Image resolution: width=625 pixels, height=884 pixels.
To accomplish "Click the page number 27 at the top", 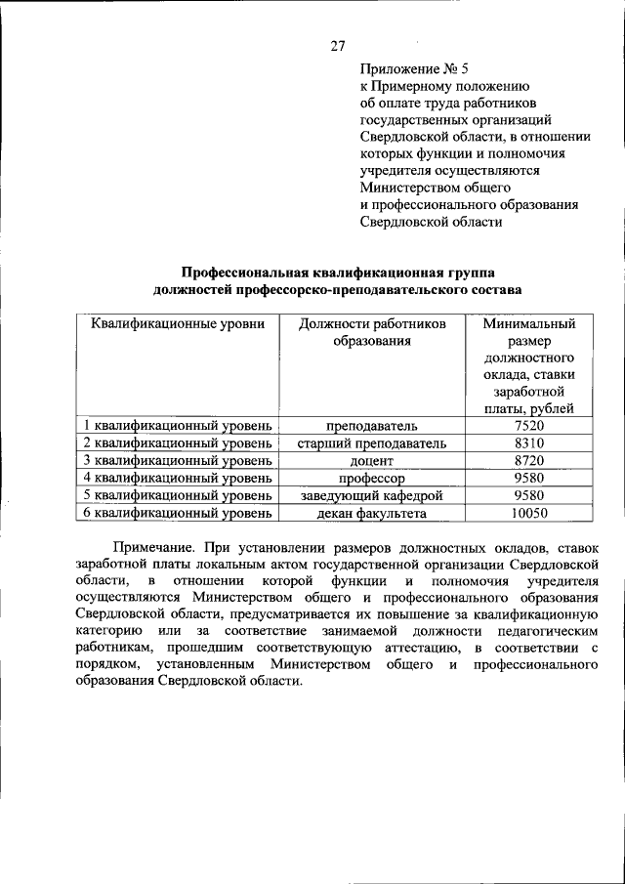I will click(339, 45).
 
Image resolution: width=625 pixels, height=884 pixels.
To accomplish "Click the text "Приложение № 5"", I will click(414, 68).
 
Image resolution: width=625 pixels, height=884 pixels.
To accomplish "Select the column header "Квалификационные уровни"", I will click(178, 323).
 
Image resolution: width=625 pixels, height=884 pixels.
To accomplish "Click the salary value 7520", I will click(528, 426).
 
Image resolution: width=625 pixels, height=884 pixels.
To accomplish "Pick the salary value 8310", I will click(528, 443).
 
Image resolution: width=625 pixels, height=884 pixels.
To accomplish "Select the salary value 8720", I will click(528, 460).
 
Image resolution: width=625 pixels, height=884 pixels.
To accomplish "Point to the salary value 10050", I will click(528, 512).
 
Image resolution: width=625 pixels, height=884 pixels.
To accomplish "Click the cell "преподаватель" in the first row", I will click(372, 426).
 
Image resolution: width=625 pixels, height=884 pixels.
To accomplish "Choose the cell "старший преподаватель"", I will click(372, 443).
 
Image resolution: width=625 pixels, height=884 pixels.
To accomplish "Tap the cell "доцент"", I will click(372, 460).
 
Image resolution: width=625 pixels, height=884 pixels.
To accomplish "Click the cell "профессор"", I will click(372, 478).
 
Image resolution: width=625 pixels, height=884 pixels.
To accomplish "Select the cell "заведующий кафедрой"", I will click(372, 495).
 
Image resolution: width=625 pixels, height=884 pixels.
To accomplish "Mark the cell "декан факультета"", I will click(372, 512).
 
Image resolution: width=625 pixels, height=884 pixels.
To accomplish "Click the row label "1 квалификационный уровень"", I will click(177, 426).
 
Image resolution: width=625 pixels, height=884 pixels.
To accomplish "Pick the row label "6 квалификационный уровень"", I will click(177, 512).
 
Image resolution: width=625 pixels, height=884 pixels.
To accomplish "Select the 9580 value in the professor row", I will click(528, 478).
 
